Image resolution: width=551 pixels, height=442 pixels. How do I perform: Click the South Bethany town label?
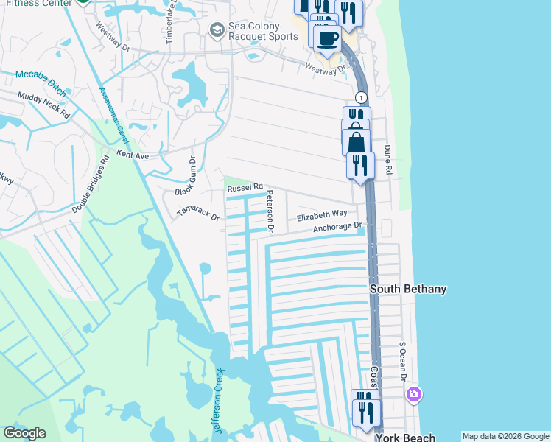[407, 290]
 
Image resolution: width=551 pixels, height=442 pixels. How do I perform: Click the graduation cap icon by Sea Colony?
[217, 29]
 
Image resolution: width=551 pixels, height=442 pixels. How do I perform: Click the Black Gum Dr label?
[184, 177]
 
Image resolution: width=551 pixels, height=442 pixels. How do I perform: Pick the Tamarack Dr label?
[198, 214]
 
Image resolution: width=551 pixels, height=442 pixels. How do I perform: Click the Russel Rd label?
[245, 188]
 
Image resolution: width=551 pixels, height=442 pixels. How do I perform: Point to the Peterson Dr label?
[270, 212]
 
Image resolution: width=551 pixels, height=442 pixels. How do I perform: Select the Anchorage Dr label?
[338, 228]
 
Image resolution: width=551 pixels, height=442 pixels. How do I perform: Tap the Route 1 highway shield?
[361, 97]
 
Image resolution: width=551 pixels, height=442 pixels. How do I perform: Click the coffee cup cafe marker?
[328, 38]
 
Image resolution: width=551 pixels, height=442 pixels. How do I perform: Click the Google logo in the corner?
[24, 433]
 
